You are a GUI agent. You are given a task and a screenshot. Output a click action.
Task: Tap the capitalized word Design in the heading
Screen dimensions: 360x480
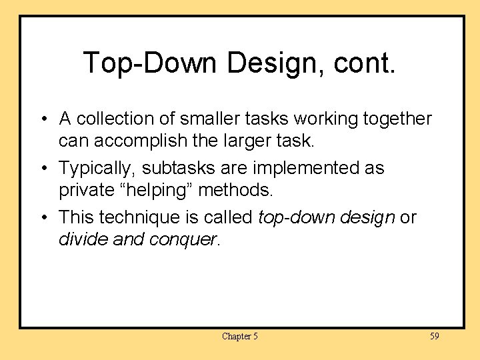[x=269, y=63]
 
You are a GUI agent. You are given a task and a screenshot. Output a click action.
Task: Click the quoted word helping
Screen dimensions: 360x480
[x=156, y=191]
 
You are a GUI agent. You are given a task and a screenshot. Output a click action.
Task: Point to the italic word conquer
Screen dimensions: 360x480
[x=183, y=239]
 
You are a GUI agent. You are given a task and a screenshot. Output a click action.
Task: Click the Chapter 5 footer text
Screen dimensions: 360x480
[x=239, y=336]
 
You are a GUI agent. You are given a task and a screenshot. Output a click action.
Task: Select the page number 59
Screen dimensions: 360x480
[x=434, y=336]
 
